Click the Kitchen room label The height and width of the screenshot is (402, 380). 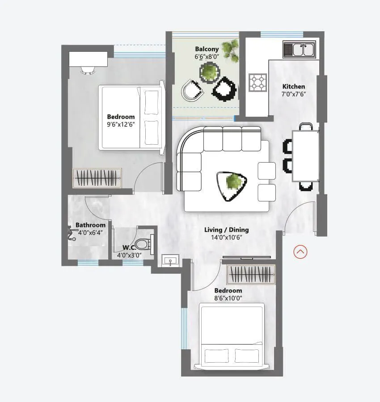294,86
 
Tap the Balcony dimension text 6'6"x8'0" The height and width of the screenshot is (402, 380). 207,57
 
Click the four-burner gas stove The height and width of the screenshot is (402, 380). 258,82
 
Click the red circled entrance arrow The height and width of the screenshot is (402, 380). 300,252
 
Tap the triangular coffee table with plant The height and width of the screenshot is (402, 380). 231,184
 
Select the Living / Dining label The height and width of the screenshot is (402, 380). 226,230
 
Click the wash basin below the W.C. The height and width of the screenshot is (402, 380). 170,260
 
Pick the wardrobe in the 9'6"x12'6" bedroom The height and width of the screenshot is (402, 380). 97,178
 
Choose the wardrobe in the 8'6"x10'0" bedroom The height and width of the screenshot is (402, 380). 250,274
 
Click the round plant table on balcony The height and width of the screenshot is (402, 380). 209,71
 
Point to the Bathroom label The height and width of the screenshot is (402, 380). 90,225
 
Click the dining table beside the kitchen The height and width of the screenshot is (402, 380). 305,155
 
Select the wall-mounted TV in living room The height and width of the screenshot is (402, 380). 246,258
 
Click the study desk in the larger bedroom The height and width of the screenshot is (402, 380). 88,59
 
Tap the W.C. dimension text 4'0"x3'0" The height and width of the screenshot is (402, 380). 129,255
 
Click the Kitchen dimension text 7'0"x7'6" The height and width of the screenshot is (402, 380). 294,94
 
